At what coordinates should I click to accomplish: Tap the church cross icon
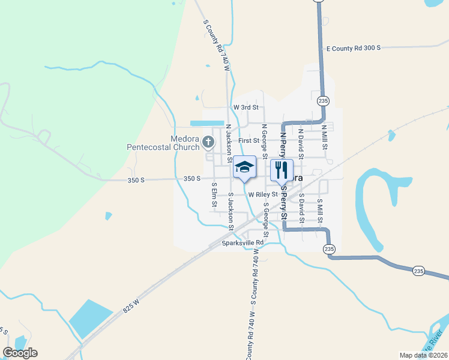click(208, 142)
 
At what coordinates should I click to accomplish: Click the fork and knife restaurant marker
click(281, 170)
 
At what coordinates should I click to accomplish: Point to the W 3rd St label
click(246, 107)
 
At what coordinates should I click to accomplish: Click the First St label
click(248, 140)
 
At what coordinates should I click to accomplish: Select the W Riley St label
click(264, 194)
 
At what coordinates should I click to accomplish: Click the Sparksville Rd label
click(243, 243)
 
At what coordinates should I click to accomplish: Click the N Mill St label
click(324, 137)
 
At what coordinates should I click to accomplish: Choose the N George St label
click(264, 137)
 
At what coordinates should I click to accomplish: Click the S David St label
click(301, 208)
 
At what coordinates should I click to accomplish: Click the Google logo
click(20, 353)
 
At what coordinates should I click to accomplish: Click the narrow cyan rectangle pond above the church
click(203, 124)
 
